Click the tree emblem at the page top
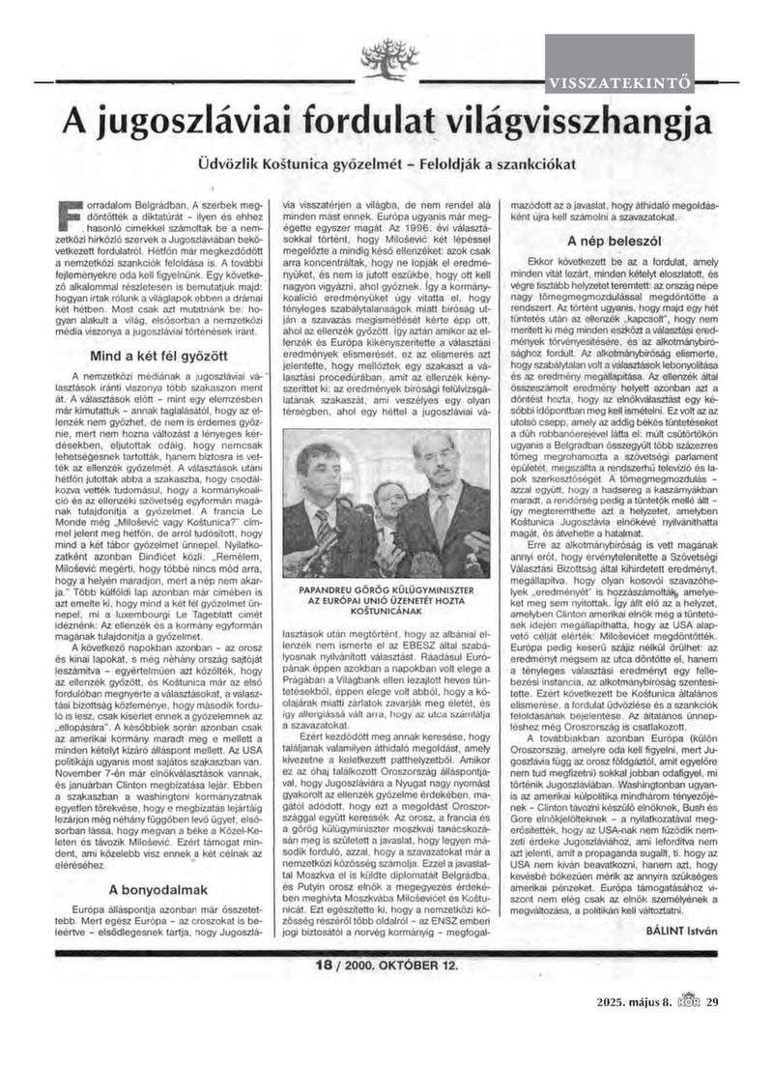386,67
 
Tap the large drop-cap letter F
67,216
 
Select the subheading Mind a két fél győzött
158,357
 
